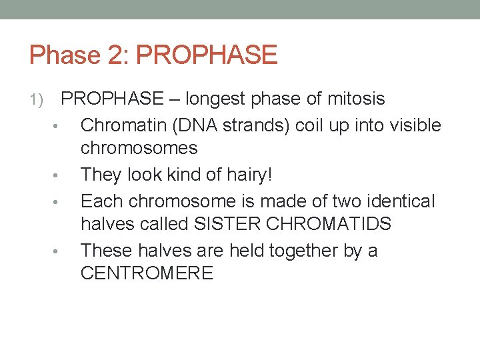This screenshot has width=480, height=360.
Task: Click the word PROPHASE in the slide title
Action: [207, 55]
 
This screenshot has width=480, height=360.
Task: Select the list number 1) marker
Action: [36, 101]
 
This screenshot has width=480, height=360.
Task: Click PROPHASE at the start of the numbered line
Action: [112, 99]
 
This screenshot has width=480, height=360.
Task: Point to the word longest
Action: [218, 99]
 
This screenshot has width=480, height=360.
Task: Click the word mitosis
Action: [357, 99]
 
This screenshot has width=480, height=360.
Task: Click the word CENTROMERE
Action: [147, 273]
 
